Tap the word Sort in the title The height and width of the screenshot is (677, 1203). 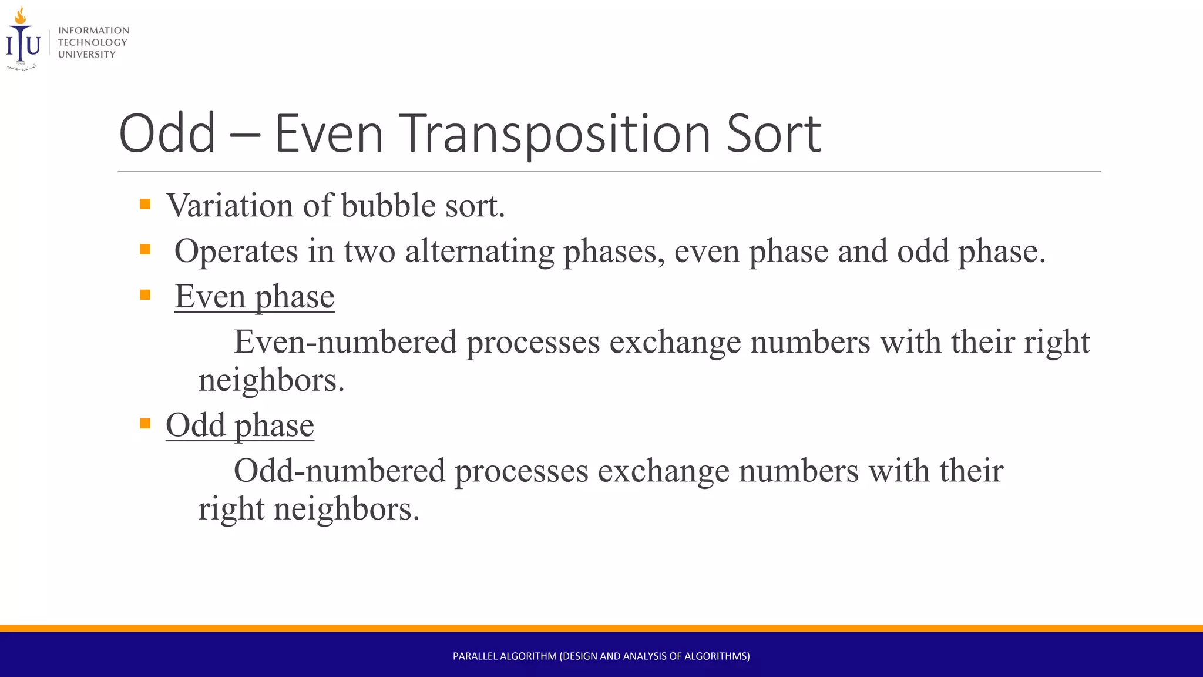(x=773, y=135)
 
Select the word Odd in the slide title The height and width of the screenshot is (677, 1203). (x=167, y=135)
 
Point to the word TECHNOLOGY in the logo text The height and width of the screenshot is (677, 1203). (x=92, y=42)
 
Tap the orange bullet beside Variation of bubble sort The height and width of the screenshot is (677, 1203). (x=145, y=205)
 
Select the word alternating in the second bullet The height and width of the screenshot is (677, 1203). (x=479, y=252)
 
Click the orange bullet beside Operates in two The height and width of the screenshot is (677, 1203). (x=145, y=250)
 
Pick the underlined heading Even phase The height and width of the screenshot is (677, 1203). (x=254, y=297)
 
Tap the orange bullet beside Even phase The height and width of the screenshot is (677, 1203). (x=145, y=294)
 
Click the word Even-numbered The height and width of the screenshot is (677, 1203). (x=345, y=342)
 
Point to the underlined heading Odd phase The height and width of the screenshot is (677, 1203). (x=240, y=425)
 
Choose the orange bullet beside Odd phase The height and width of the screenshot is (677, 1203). (x=145, y=423)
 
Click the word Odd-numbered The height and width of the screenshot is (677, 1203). (x=340, y=471)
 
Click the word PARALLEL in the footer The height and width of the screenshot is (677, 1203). (x=475, y=656)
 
